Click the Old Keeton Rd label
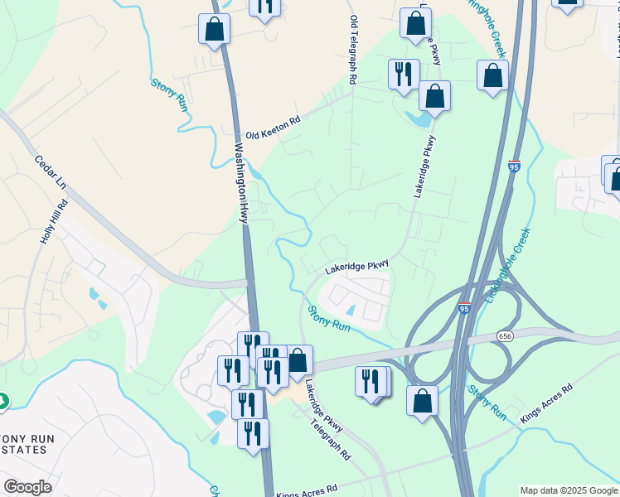click(x=272, y=128)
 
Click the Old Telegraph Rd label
click(x=354, y=50)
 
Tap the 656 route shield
click(x=505, y=335)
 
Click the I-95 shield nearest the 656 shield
click(x=464, y=307)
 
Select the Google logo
click(x=27, y=487)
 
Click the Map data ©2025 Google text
click(x=569, y=490)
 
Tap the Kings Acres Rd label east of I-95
click(x=546, y=404)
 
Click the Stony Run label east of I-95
click(x=487, y=401)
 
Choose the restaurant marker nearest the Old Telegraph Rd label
click(x=404, y=75)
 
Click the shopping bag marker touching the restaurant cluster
click(x=298, y=360)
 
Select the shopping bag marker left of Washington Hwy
click(x=215, y=29)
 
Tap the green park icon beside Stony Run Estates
click(x=2, y=402)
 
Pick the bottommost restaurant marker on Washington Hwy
click(x=253, y=434)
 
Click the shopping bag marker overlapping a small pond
click(x=434, y=97)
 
